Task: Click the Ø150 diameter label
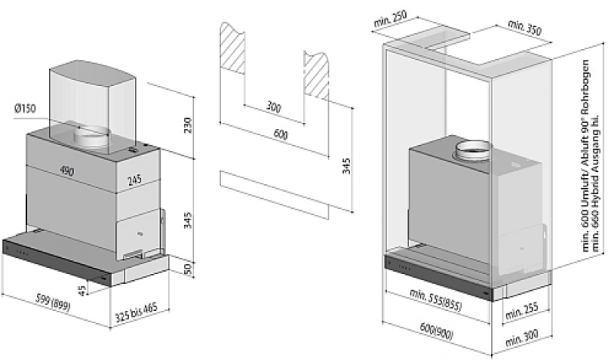coord(25,108)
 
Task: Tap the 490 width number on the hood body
coord(67,171)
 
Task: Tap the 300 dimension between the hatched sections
coord(273,107)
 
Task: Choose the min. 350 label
coord(525,28)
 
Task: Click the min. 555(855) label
coord(434,295)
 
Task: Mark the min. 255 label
coord(521,310)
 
